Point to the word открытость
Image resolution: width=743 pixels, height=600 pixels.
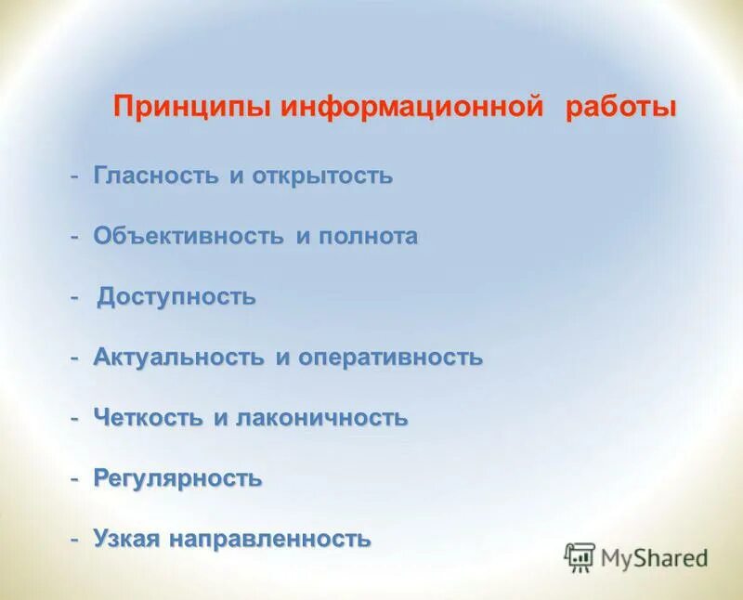(x=322, y=176)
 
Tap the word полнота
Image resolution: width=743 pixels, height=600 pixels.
(x=369, y=236)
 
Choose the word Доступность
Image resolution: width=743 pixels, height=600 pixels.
(x=176, y=297)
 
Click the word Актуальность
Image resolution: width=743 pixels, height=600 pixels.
(x=179, y=358)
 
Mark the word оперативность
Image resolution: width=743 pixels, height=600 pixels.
(x=390, y=358)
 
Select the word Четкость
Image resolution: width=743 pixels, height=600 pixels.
(x=149, y=418)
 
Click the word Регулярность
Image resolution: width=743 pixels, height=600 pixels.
(x=177, y=478)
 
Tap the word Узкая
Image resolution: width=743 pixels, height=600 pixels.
(x=127, y=539)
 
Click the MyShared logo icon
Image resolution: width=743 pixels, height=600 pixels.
(x=580, y=557)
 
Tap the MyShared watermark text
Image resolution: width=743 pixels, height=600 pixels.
(x=654, y=558)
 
